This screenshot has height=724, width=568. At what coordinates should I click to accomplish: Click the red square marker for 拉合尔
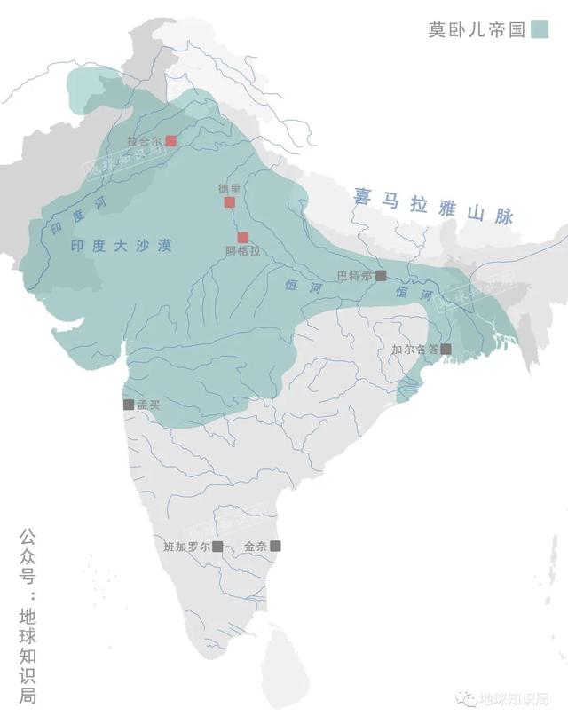point(171,141)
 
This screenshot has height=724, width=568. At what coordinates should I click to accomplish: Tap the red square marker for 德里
point(229,202)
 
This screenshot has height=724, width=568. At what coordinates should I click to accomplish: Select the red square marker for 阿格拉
point(242,237)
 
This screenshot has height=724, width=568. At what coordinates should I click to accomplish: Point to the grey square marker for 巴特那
point(381,275)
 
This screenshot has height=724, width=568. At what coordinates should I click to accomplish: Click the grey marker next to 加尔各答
point(446,349)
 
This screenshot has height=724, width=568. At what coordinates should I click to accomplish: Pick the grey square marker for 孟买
point(129,405)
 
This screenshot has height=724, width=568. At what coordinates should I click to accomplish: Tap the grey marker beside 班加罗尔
point(217,547)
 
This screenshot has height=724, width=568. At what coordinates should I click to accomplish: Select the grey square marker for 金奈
point(275,546)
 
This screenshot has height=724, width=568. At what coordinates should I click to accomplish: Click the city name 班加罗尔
point(187,547)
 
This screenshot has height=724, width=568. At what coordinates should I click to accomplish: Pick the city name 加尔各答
point(415,350)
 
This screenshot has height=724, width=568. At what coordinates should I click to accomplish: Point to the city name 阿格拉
point(242,252)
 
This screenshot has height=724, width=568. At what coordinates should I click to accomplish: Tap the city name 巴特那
point(354,275)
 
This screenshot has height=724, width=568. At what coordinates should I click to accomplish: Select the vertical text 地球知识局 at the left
point(28,655)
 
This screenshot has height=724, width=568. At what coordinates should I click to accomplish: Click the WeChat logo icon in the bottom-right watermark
point(466,699)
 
